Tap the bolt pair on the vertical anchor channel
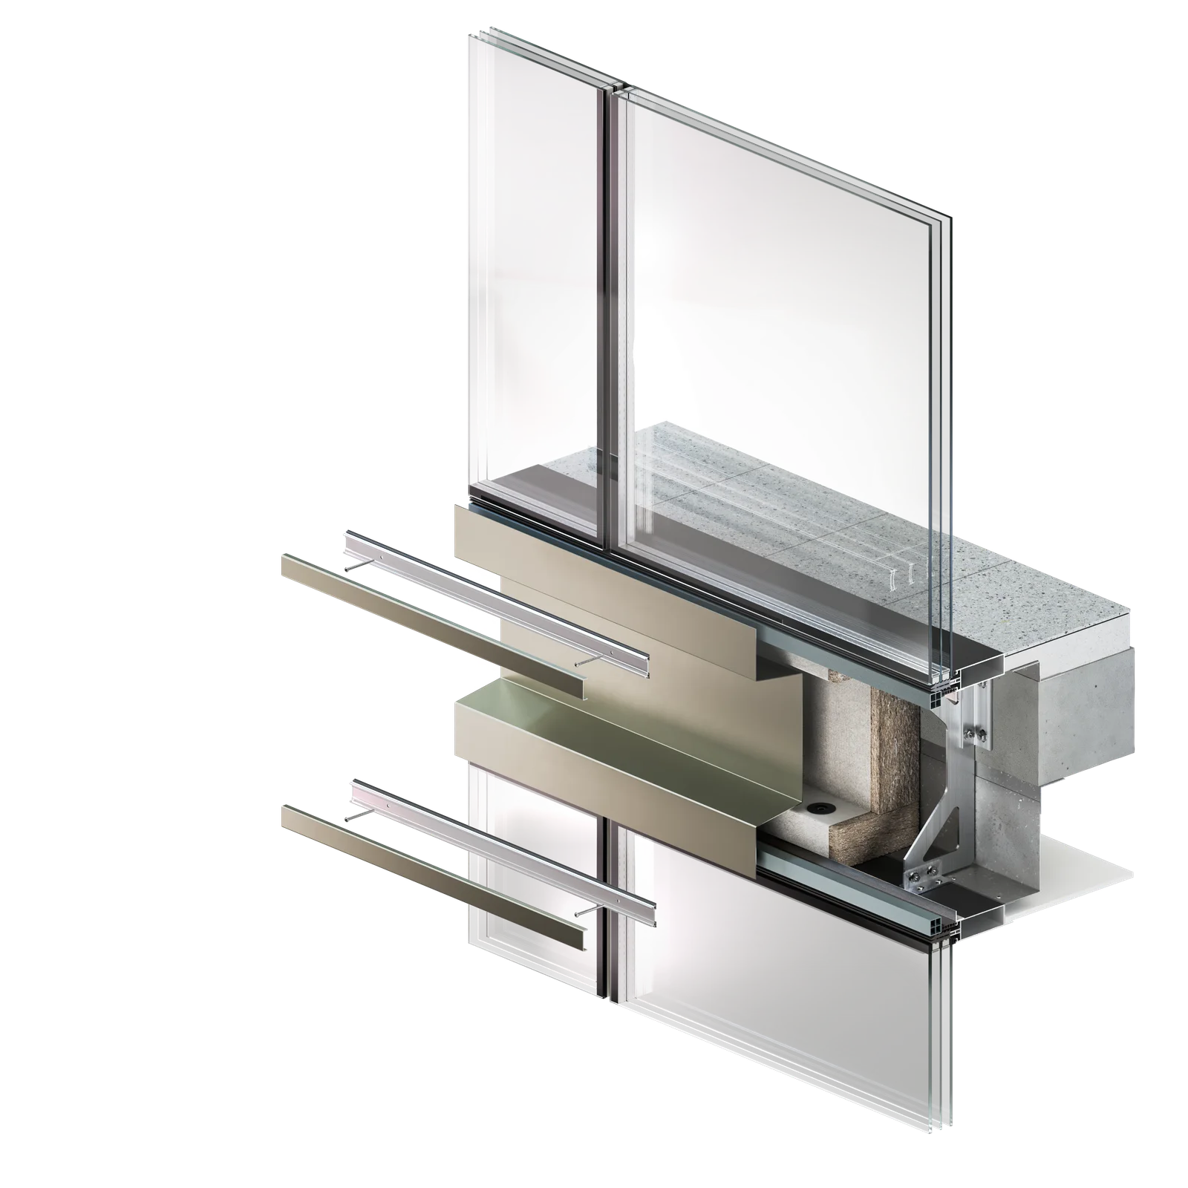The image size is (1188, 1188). [973, 735]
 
